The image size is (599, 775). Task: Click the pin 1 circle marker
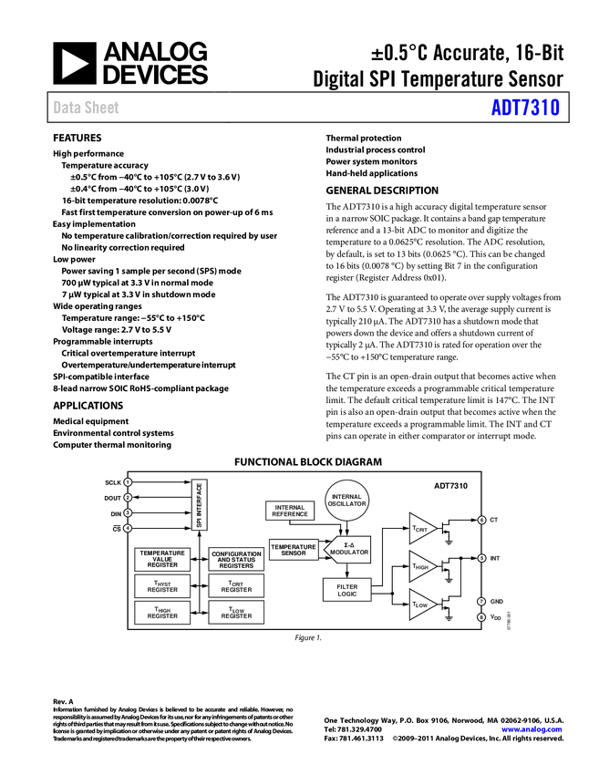[129, 481]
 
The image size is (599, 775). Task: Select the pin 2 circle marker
[129, 497]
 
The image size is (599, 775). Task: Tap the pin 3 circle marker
[129, 512]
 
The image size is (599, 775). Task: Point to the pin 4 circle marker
[129, 527]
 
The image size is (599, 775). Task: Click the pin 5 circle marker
[481, 557]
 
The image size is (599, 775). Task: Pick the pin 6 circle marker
[481, 520]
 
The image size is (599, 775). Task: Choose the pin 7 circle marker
[481, 602]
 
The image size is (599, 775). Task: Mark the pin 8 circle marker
[481, 617]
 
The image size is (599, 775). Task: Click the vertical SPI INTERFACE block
[199, 504]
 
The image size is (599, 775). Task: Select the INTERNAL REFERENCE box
[289, 511]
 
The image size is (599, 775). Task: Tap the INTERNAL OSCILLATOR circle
[346, 501]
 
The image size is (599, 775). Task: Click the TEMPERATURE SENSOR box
[294, 550]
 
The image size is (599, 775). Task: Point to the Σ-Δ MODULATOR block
[348, 550]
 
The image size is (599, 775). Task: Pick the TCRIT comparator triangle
[421, 528]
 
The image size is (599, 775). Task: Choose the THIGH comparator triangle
[421, 565]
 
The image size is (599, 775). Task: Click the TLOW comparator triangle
[421, 604]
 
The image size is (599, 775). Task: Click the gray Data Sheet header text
[87, 108]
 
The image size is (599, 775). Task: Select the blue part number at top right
[525, 108]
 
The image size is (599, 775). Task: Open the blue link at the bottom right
[532, 729]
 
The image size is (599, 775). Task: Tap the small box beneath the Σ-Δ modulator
[346, 590]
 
